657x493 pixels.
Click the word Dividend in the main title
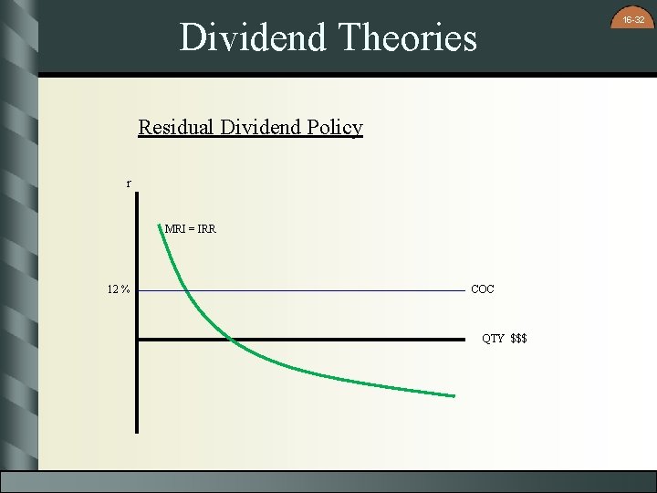(x=253, y=38)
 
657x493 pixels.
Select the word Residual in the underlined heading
(x=176, y=127)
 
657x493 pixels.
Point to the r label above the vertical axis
(x=129, y=184)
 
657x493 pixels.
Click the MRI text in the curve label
(x=176, y=228)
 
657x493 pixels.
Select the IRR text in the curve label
(x=206, y=228)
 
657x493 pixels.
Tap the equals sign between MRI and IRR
(x=191, y=228)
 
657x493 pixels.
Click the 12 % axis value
(x=118, y=290)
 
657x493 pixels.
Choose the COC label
(x=483, y=289)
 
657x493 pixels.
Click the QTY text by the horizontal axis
(x=493, y=339)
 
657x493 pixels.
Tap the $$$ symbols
(x=518, y=339)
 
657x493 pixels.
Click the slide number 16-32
(x=634, y=19)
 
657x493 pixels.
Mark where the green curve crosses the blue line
(x=186, y=290)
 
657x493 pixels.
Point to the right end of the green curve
(x=454, y=395)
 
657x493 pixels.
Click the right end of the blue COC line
(x=464, y=290)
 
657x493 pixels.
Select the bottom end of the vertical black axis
(x=137, y=431)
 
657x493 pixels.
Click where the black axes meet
(x=137, y=340)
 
